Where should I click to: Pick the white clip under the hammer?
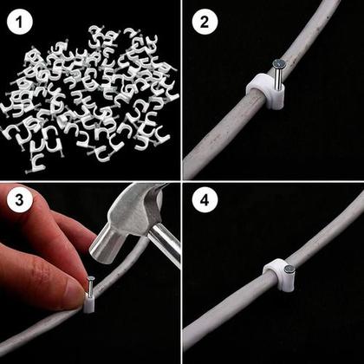88,304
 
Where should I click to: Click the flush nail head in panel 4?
287,270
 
